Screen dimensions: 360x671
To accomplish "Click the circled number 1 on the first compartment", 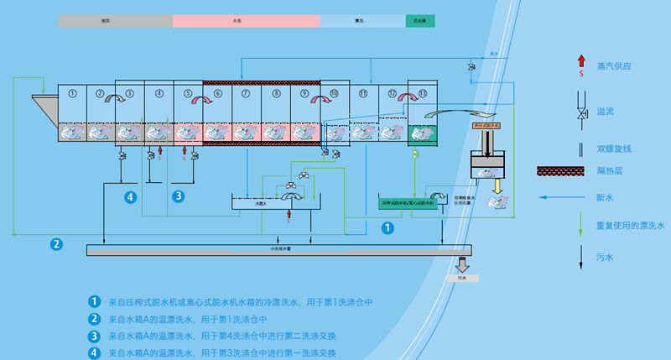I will [x=73, y=92].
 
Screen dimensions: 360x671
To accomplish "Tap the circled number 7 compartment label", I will [x=247, y=92].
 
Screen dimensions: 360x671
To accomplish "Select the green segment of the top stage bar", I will [x=419, y=21].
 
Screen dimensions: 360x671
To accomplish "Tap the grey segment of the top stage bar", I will [x=115, y=21].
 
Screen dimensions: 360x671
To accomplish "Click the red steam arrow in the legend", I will [x=580, y=60].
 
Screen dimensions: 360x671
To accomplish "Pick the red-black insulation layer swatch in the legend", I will [x=560, y=171].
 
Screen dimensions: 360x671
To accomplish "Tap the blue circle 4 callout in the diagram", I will [x=130, y=196].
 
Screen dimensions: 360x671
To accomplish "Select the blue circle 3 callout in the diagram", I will [x=178, y=196].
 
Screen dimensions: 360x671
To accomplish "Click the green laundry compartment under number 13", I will [x=422, y=133].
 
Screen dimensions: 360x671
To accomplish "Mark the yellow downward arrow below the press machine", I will [x=495, y=185].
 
